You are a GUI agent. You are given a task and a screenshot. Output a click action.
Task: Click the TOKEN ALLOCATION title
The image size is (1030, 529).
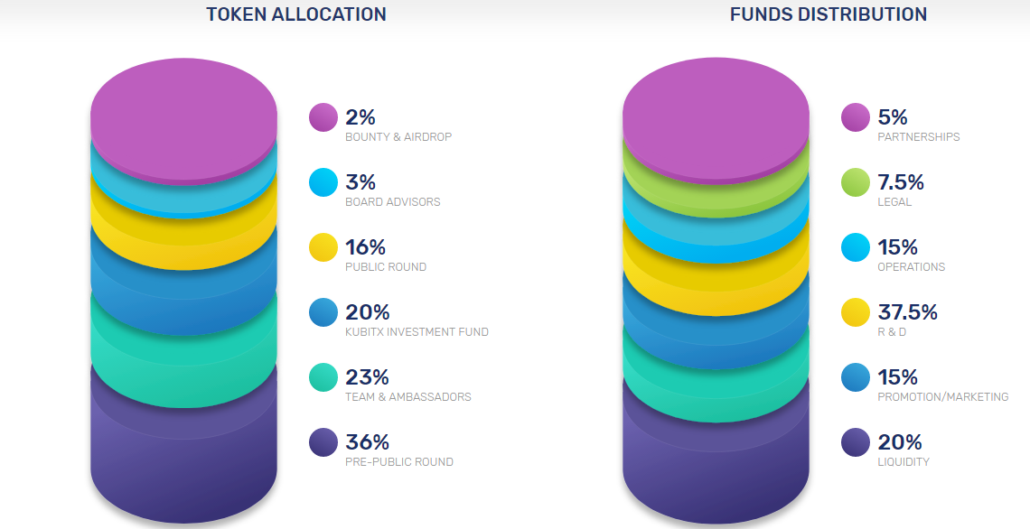[296, 14]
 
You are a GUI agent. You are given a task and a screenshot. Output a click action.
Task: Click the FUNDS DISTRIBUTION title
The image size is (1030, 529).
[829, 14]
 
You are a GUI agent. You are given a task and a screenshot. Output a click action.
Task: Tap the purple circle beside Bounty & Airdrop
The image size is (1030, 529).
[323, 117]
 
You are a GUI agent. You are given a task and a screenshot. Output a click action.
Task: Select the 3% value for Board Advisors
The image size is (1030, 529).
[360, 182]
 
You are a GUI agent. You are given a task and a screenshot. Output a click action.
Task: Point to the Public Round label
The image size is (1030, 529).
[386, 267]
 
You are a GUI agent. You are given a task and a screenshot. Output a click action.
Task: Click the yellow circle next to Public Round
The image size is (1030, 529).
[323, 247]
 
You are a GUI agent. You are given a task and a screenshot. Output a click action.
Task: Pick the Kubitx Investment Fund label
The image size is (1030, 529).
[417, 332]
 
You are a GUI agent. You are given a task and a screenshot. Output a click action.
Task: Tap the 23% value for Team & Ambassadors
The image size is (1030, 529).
[367, 377]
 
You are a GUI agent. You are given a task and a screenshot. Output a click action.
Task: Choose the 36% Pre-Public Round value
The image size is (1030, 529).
[367, 442]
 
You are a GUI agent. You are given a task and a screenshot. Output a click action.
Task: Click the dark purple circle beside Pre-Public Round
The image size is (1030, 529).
[323, 442]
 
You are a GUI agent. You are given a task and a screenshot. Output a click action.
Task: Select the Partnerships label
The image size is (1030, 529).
[919, 137]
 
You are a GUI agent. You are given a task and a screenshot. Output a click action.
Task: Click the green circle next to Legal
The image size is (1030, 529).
[856, 182]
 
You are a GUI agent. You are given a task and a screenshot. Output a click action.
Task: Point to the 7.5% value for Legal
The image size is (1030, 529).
[901, 182]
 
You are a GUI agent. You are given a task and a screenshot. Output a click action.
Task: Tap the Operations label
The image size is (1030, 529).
[912, 267]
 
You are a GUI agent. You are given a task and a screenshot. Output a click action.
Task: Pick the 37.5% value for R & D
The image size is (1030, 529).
[907, 312]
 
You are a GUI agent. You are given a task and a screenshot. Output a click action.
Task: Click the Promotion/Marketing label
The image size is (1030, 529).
[943, 397]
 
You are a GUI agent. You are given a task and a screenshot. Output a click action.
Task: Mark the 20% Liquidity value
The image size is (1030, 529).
[900, 442]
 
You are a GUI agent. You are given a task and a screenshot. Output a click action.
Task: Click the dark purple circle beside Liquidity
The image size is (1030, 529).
[856, 442]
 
